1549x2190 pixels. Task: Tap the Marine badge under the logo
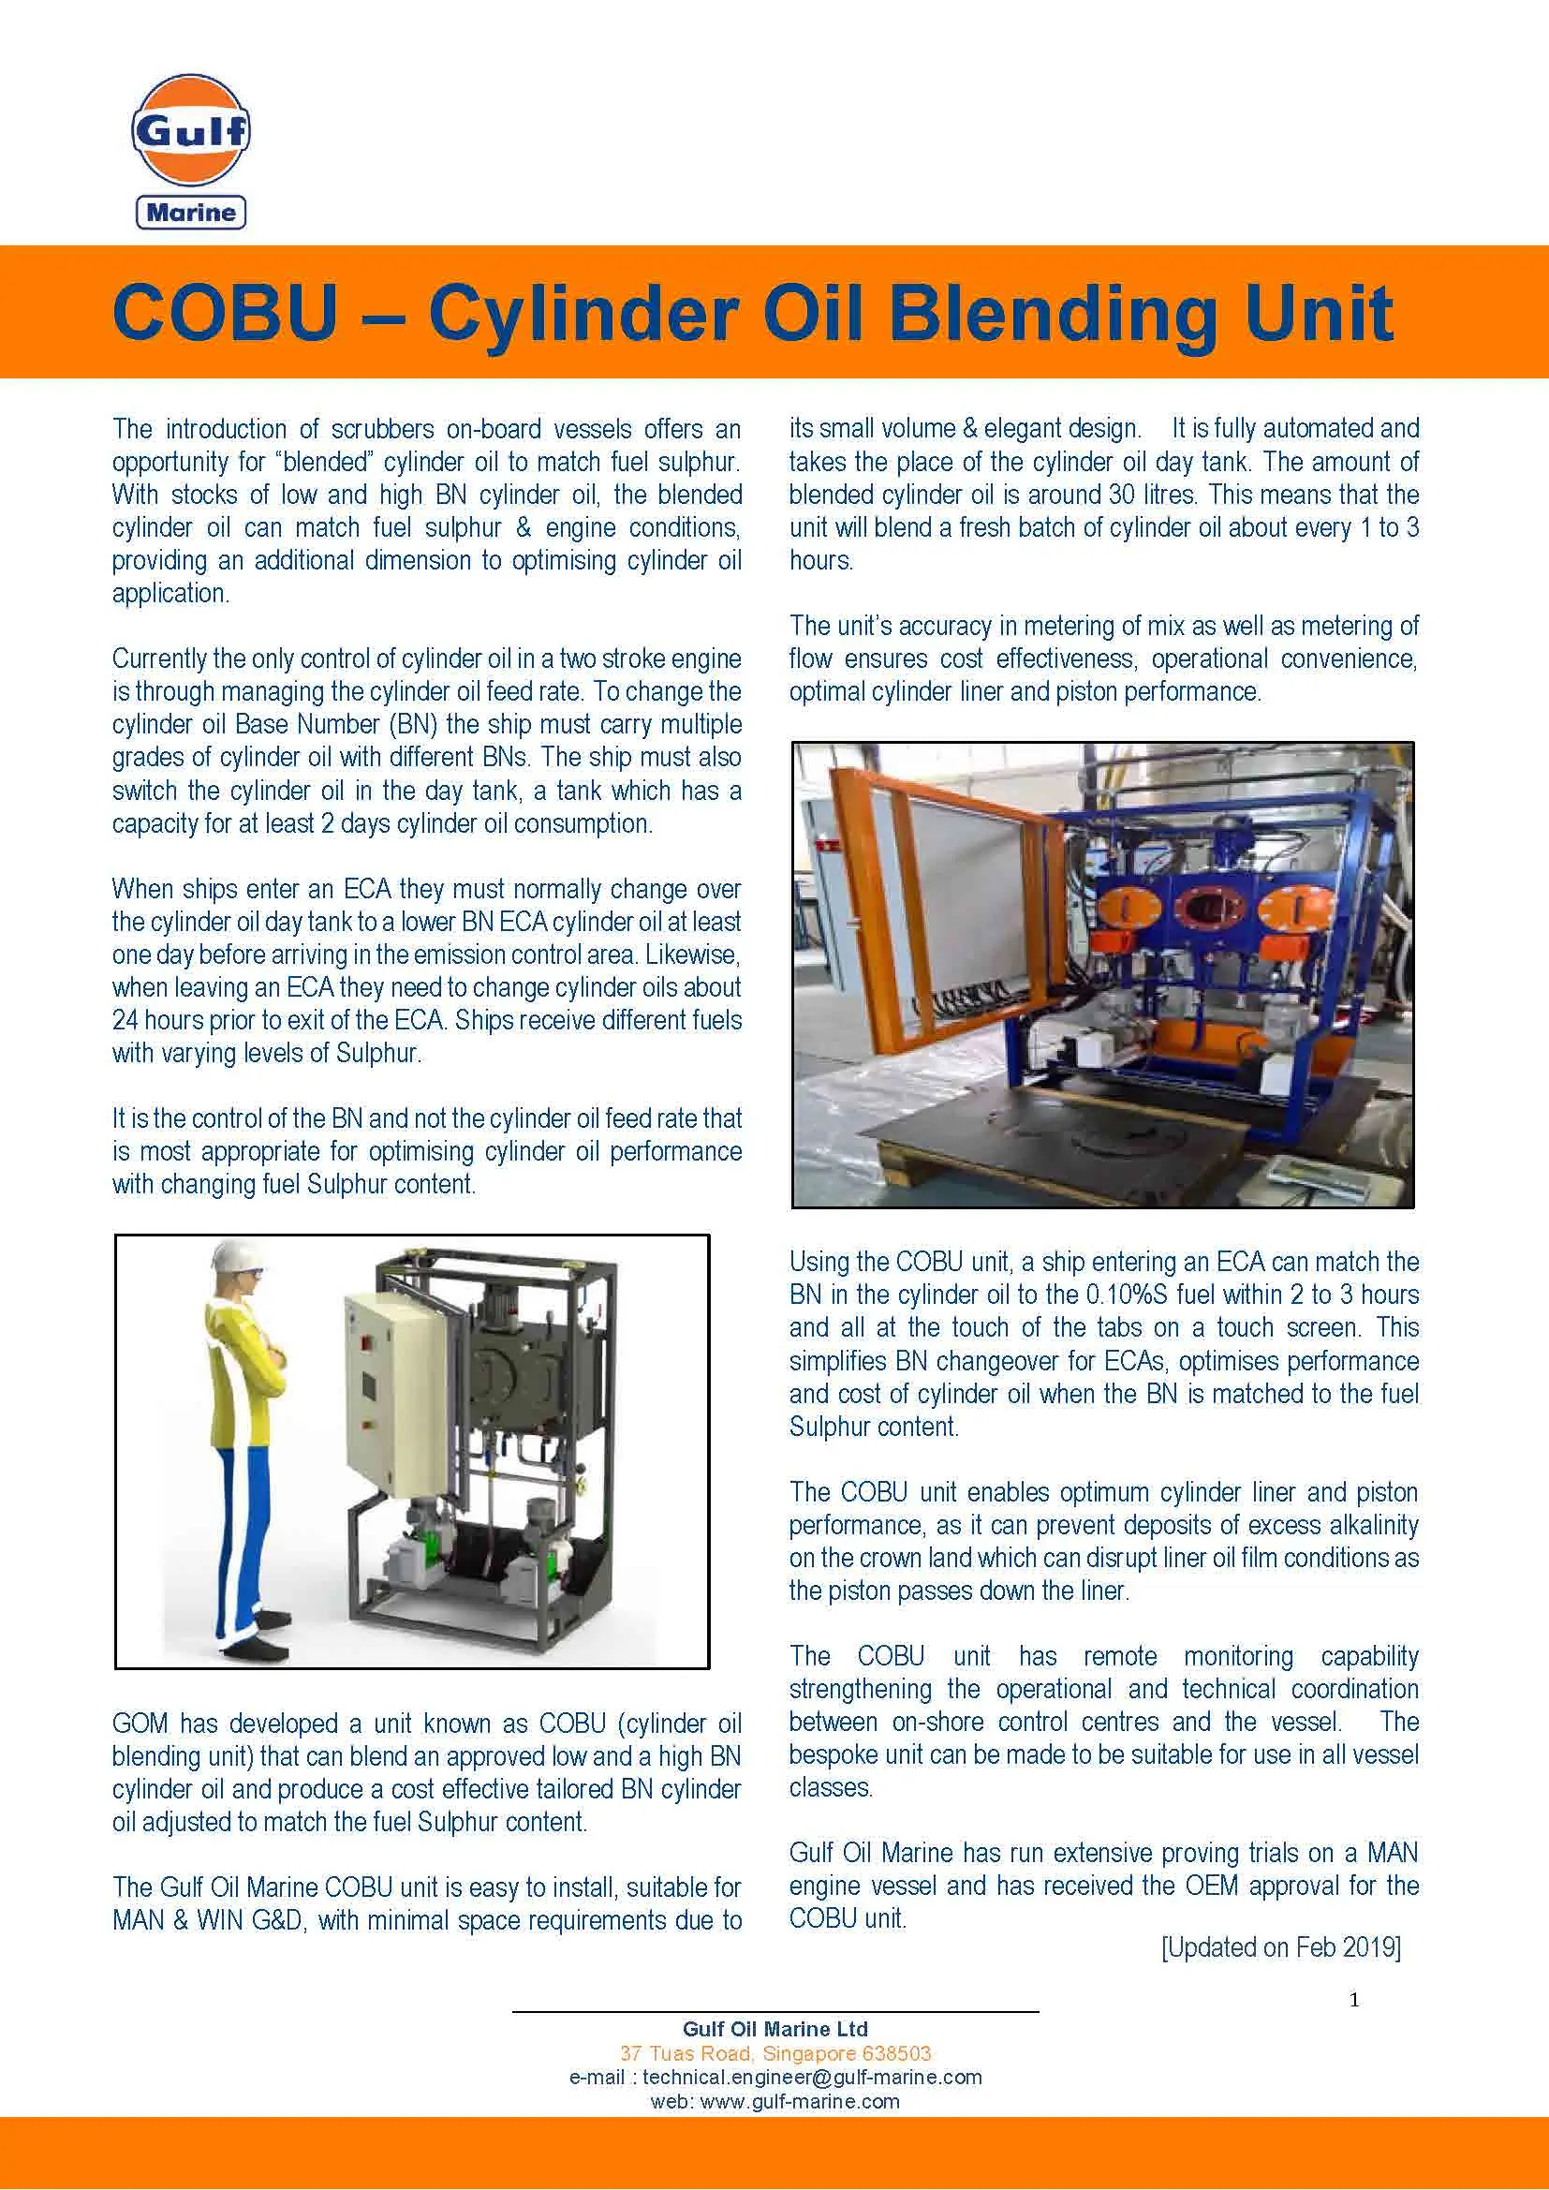pyautogui.click(x=191, y=212)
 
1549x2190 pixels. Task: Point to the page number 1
pyautogui.click(x=1354, y=2000)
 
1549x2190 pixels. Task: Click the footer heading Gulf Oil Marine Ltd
pyautogui.click(x=774, y=2029)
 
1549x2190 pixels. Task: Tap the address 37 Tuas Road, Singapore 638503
pyautogui.click(x=774, y=2053)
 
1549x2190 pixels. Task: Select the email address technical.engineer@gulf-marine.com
pyautogui.click(x=812, y=2078)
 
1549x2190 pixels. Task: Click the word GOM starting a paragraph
pyautogui.click(x=140, y=1724)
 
